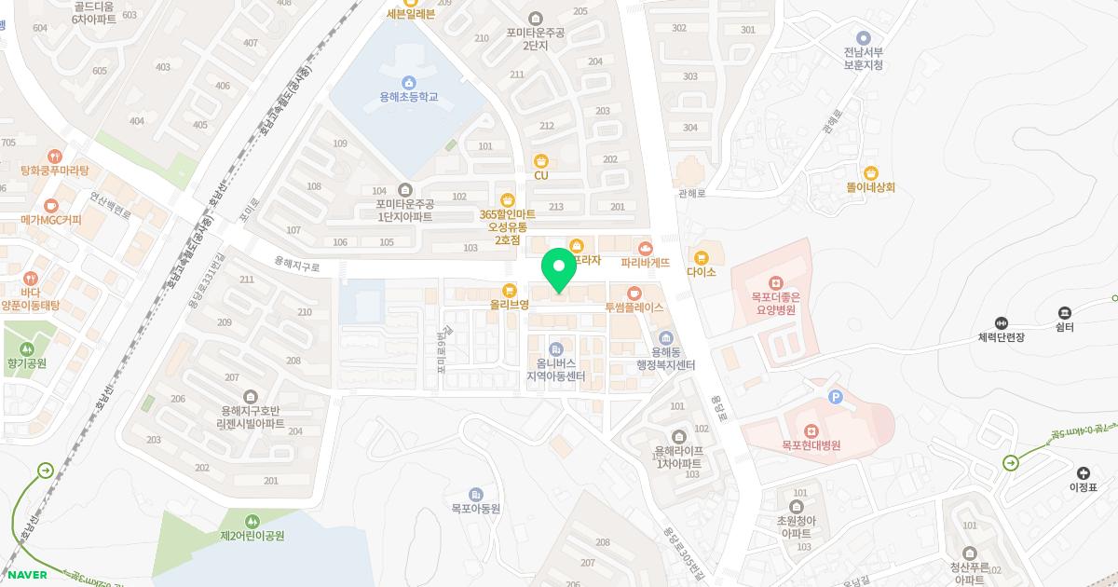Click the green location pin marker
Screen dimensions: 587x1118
tap(559, 269)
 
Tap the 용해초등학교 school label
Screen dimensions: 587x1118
tap(408, 97)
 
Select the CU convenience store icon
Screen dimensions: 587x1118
tap(540, 161)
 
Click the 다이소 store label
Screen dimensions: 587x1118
tap(701, 272)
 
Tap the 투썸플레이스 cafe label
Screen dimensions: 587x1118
tap(634, 307)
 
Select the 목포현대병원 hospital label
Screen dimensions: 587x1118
tap(811, 446)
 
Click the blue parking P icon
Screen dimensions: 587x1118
tap(835, 398)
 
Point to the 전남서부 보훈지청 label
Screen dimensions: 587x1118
tap(863, 59)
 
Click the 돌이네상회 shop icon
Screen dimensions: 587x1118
tap(870, 172)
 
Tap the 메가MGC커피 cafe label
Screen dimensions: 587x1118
tap(51, 221)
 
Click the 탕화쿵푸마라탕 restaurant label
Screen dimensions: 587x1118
tap(54, 171)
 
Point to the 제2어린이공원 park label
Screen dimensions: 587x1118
tap(252, 536)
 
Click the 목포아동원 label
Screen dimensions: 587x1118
tap(476, 509)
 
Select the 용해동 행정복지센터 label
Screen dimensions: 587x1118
tap(665, 358)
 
